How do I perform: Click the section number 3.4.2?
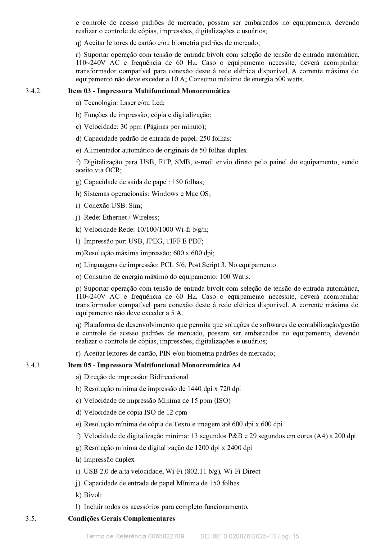[x=34, y=91]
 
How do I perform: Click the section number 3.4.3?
[x=34, y=365]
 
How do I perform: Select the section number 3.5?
[x=31, y=518]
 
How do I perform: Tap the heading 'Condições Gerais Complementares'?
[x=121, y=518]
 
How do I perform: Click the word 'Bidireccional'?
[x=169, y=377]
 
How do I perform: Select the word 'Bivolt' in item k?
[x=93, y=495]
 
